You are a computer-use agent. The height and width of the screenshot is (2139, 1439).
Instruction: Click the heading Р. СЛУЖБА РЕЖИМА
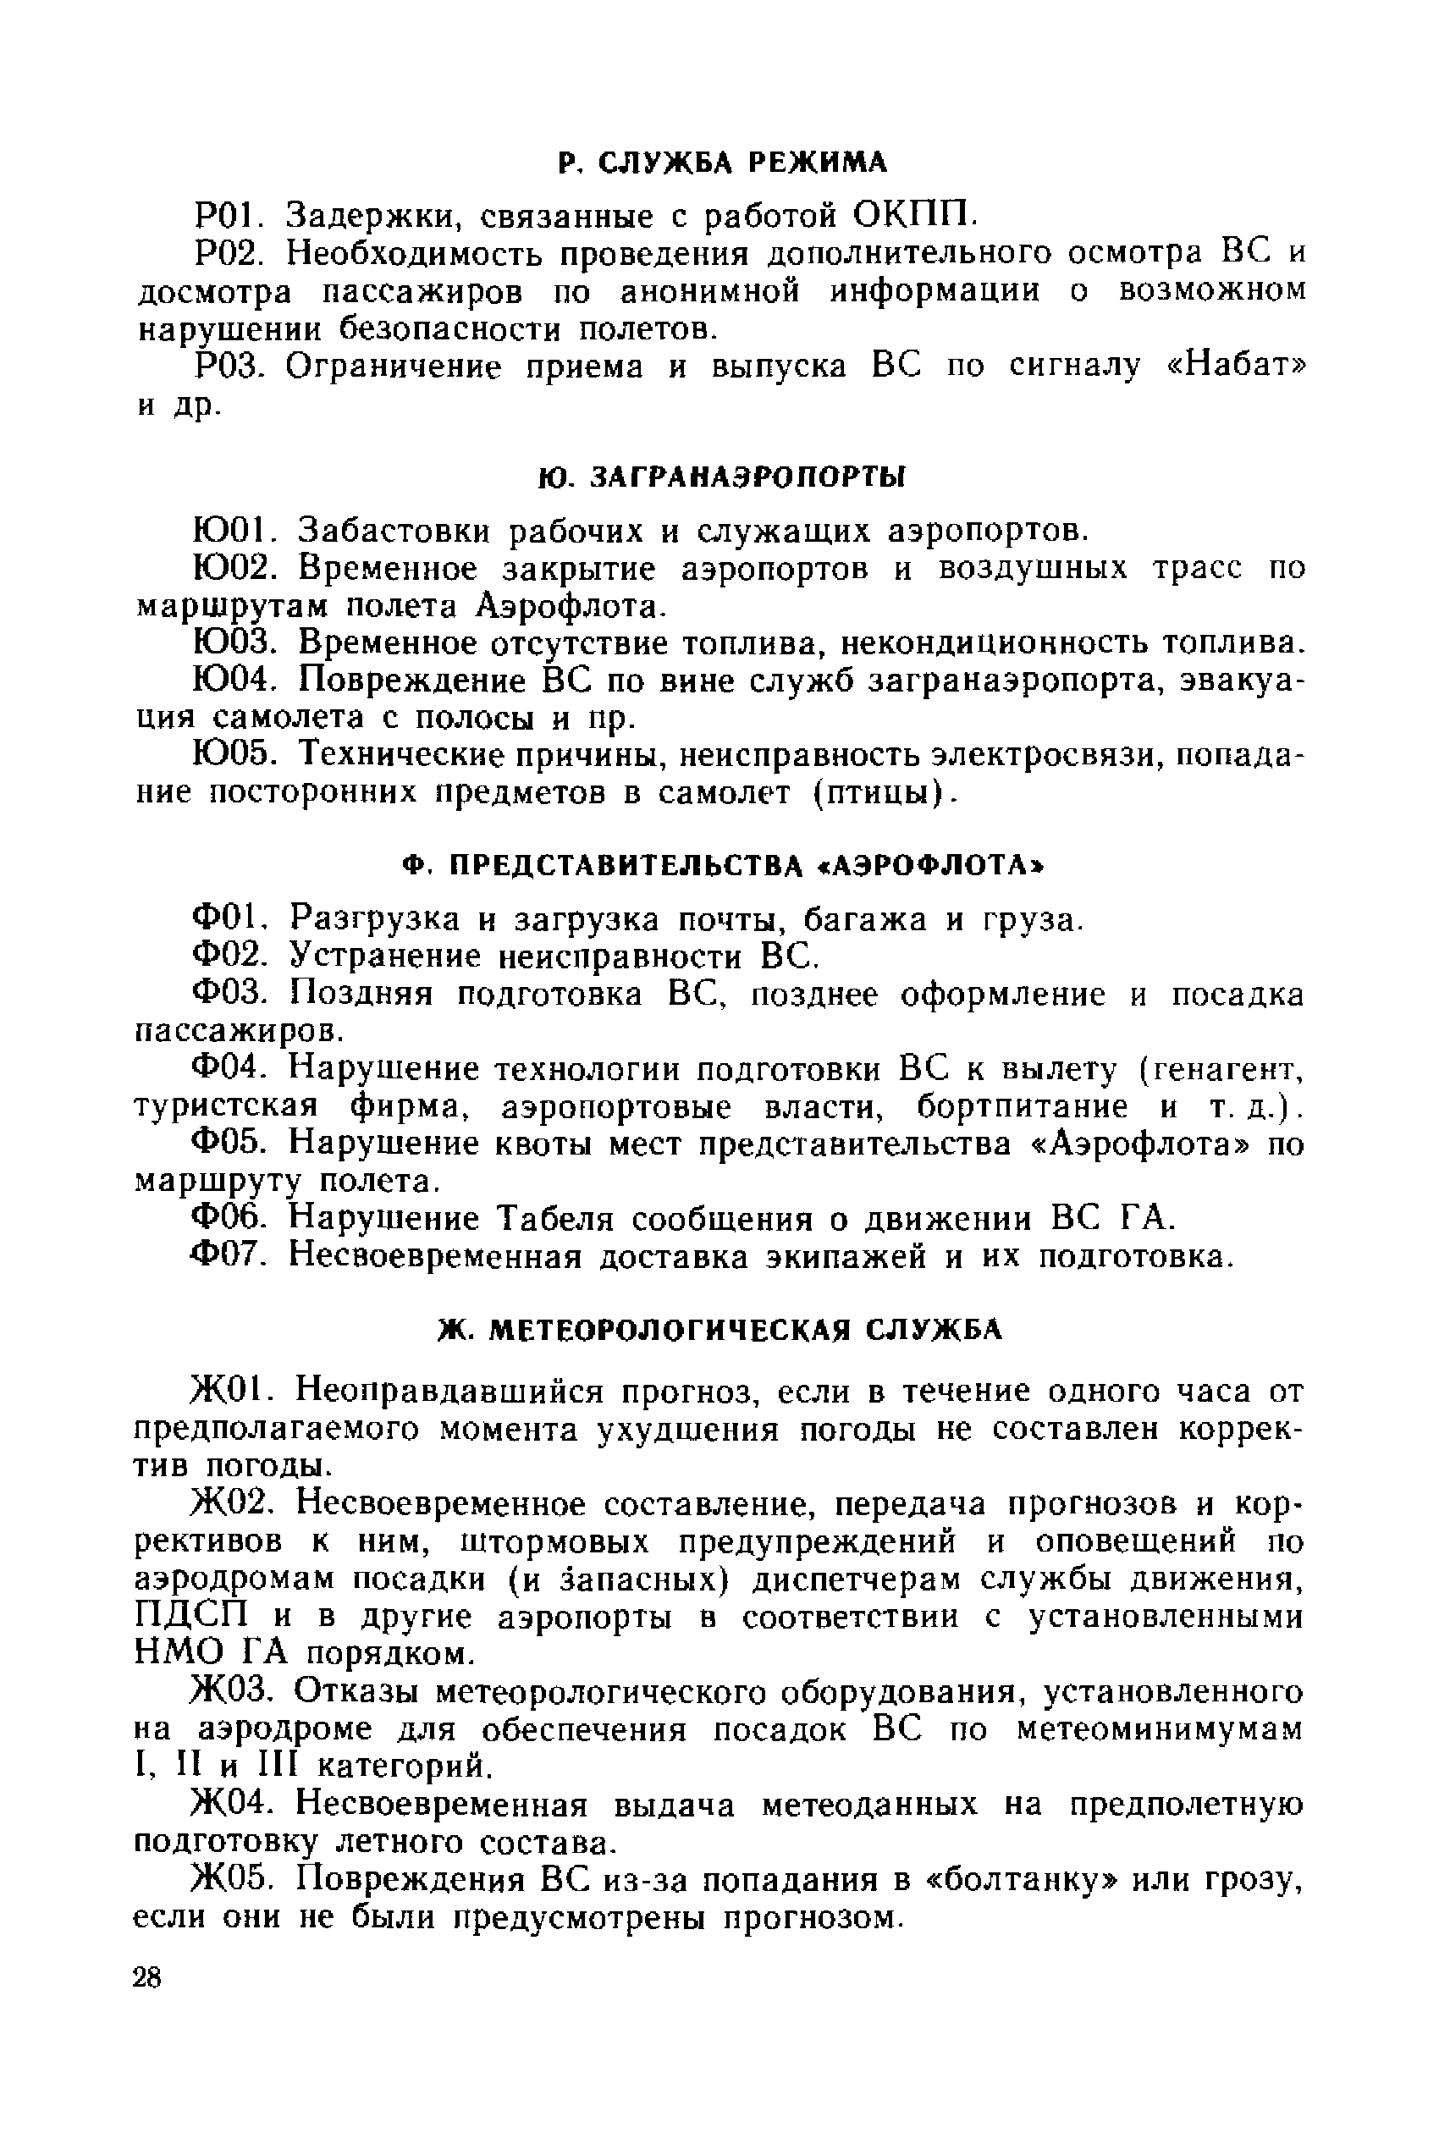pos(722,163)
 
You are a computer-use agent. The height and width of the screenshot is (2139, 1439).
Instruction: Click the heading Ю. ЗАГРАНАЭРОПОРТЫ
pos(720,477)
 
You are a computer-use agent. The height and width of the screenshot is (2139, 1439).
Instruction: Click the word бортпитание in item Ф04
pos(1023,1106)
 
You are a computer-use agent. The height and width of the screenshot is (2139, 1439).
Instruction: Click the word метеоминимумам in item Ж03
pos(1160,1728)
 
